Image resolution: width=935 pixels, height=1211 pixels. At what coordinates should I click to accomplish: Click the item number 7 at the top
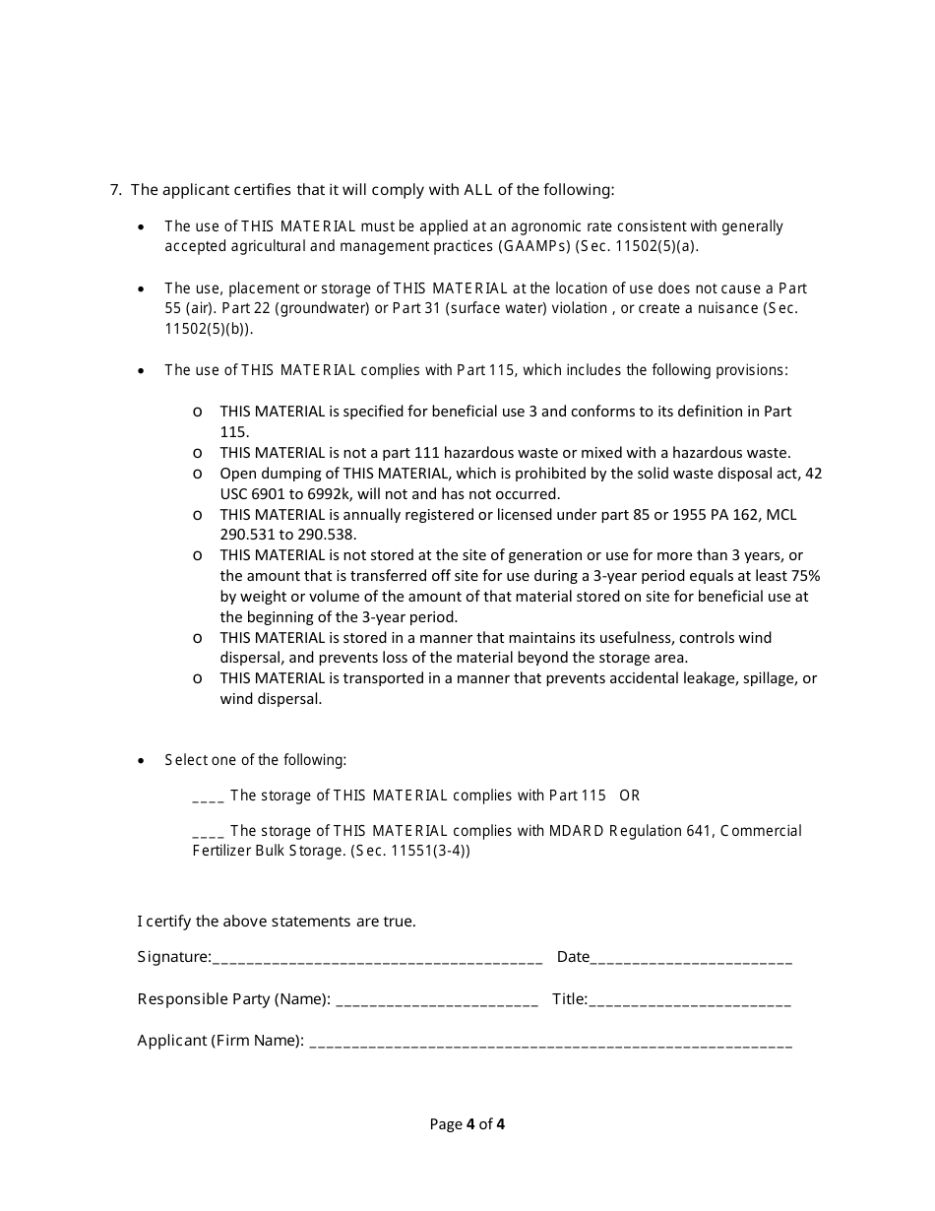(x=114, y=190)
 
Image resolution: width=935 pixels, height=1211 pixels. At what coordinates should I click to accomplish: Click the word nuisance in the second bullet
(x=722, y=308)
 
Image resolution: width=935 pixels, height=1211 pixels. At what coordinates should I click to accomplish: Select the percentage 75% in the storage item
(x=804, y=576)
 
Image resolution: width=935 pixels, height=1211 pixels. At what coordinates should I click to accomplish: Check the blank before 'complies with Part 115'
(x=209, y=796)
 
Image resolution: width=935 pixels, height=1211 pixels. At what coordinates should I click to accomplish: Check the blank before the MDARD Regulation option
(x=209, y=831)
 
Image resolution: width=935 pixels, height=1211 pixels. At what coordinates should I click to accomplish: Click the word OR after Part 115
(x=630, y=796)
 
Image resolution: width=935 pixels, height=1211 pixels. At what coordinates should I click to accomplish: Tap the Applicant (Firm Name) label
(x=219, y=1041)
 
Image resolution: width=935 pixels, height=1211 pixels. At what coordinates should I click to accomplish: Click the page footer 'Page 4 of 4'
(x=467, y=1124)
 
